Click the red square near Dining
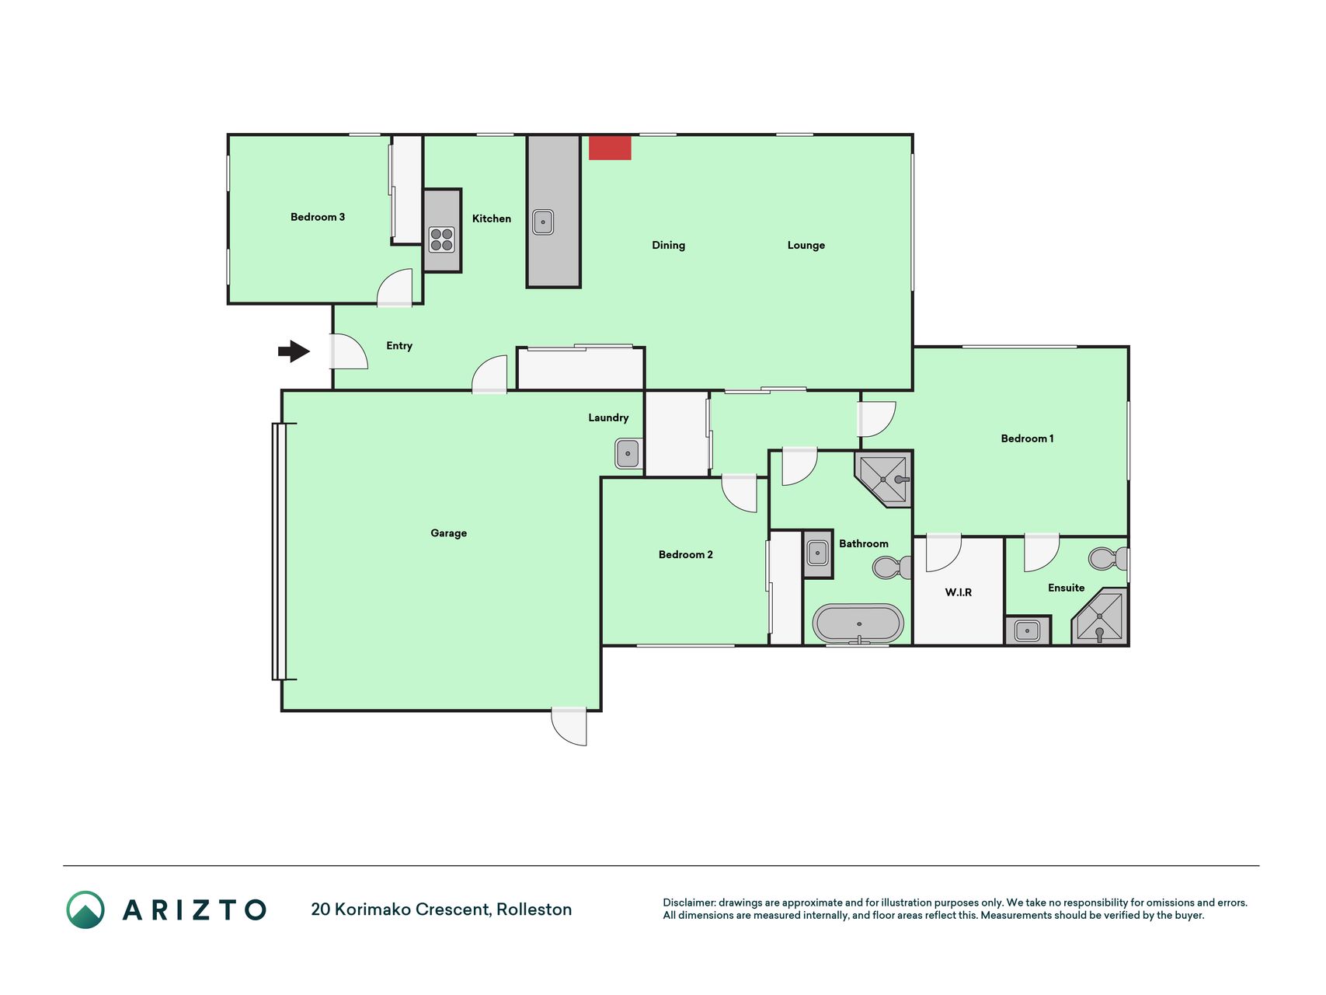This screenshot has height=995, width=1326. (x=610, y=148)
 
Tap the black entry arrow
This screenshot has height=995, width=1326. (x=294, y=351)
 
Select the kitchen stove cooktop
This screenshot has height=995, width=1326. (x=442, y=239)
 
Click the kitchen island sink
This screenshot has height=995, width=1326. (x=543, y=222)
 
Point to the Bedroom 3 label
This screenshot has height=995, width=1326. (x=318, y=217)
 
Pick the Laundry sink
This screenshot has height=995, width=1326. (x=628, y=453)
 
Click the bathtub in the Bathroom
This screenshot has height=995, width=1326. (x=858, y=623)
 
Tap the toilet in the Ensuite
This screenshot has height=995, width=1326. (x=1108, y=558)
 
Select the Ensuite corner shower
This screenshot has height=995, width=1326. (x=1101, y=617)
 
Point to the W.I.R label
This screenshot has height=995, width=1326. (x=959, y=592)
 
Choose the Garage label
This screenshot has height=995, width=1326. (x=449, y=533)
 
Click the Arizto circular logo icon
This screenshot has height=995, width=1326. (x=85, y=909)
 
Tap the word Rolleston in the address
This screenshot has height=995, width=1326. (x=534, y=909)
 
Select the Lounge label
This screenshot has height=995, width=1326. (x=806, y=246)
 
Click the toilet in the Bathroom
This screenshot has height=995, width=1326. (x=893, y=567)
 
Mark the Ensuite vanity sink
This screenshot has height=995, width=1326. (x=1027, y=630)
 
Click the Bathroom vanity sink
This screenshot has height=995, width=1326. (x=817, y=553)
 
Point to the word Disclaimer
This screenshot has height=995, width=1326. (x=689, y=902)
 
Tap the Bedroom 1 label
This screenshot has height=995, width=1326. (x=1027, y=438)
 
